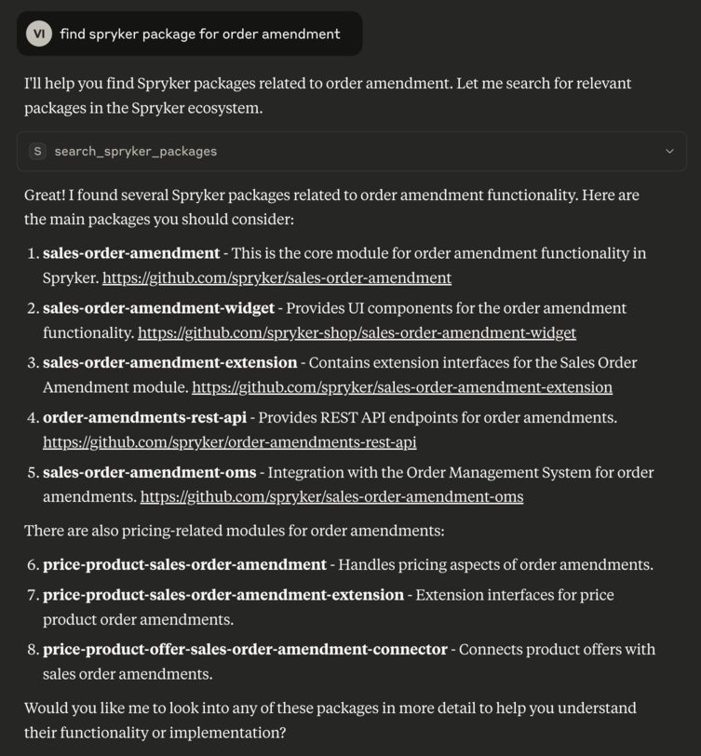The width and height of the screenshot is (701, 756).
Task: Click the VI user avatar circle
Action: [x=39, y=34]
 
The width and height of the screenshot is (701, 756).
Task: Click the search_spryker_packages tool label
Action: [x=135, y=151]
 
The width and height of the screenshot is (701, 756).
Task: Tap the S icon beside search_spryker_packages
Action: [x=37, y=151]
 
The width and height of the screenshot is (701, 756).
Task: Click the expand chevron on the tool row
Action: [x=669, y=151]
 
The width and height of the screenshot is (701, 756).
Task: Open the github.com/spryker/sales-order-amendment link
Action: [x=276, y=277]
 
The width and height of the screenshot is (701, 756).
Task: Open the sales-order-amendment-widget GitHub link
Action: [x=357, y=332]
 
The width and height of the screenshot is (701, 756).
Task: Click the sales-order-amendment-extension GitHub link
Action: [x=402, y=387]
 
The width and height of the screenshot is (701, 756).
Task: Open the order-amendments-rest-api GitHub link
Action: [x=229, y=442]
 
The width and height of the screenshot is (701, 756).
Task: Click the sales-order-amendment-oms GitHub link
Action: [x=331, y=497]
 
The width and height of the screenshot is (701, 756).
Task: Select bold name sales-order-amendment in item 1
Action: [x=131, y=253]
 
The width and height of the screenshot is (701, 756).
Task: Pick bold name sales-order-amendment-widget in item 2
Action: [x=158, y=308]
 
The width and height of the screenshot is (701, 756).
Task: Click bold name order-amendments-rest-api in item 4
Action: [x=144, y=418]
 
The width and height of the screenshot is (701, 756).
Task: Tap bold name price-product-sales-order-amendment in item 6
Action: [x=184, y=565]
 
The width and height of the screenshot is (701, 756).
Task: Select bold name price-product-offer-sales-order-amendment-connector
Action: [x=245, y=650]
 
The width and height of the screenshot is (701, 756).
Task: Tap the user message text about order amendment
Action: [x=200, y=34]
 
